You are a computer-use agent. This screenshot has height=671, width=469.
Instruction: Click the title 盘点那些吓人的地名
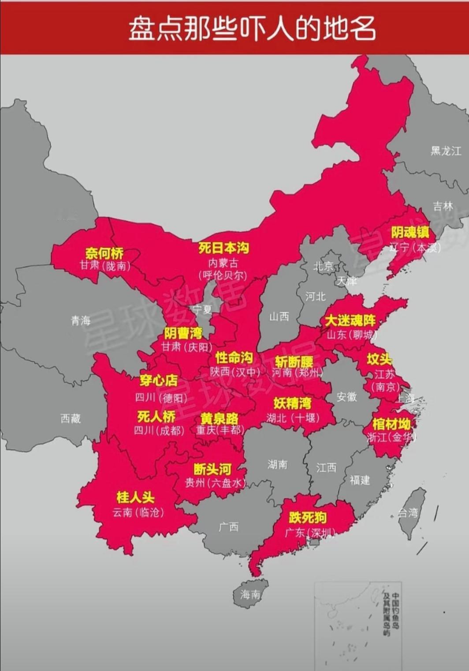[x=252, y=29]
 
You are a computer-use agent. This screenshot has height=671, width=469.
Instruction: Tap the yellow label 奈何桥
[x=104, y=253]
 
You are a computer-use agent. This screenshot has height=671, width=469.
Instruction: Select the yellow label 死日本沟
[x=224, y=248]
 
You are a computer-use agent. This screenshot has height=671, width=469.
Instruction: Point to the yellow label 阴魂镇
[x=410, y=232]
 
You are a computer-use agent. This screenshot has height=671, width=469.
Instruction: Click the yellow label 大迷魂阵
[x=350, y=320]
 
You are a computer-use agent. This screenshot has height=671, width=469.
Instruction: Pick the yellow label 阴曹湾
[x=183, y=333]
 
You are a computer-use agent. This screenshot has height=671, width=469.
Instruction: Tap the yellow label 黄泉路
[x=219, y=418]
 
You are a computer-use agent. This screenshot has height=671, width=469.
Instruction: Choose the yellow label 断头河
[x=212, y=469]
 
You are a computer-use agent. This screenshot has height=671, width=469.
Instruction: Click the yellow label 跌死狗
[x=308, y=517]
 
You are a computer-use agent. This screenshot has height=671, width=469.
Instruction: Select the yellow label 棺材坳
[x=391, y=424]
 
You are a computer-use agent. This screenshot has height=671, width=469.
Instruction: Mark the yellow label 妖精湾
[x=292, y=403]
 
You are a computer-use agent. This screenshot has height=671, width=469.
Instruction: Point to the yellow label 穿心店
[x=159, y=380]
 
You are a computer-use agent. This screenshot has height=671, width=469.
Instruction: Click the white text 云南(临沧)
[x=138, y=512]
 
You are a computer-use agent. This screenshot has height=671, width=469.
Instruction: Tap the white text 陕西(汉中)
[x=235, y=372]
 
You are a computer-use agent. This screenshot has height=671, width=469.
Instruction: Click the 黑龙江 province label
[x=446, y=151]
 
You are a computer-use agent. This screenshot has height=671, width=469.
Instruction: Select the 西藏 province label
[x=71, y=418]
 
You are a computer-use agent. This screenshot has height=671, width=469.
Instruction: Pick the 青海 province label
[x=81, y=320]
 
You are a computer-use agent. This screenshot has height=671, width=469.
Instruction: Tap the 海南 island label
[x=250, y=595]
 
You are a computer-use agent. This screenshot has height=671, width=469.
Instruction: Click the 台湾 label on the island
[x=408, y=513]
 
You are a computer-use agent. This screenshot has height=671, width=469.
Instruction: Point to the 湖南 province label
[x=277, y=464]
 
